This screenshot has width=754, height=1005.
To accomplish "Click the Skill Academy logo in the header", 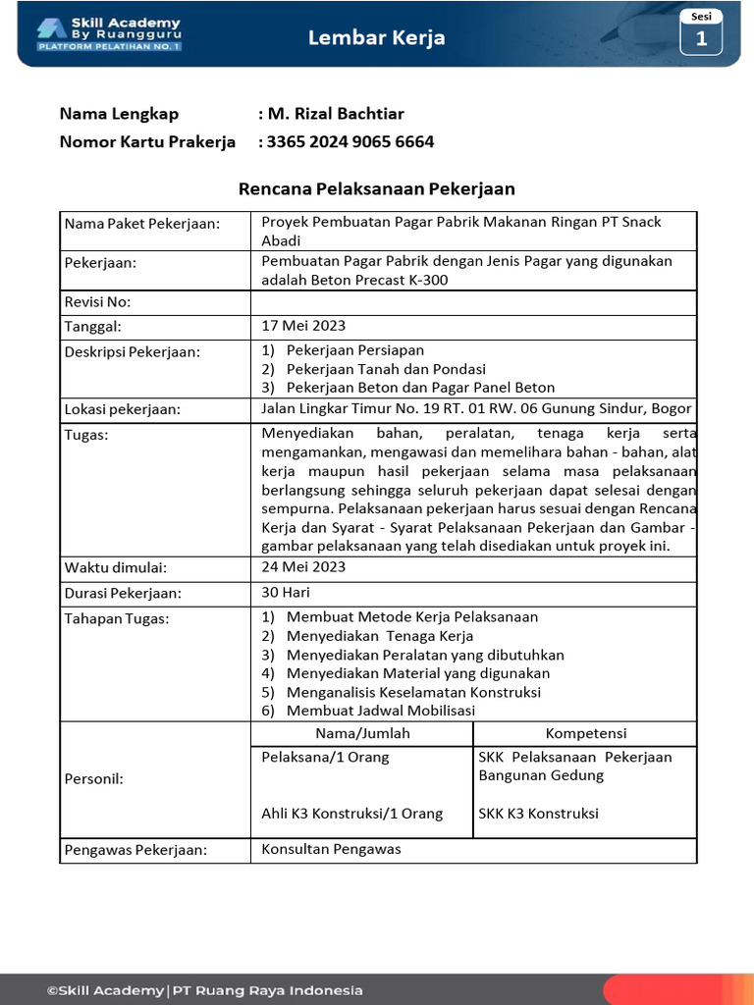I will tap(109, 33).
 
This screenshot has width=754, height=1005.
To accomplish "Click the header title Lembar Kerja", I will tap(376, 37).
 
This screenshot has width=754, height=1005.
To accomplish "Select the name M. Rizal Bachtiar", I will tap(330, 113).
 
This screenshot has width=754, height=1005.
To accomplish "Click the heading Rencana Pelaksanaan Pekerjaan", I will tap(377, 188).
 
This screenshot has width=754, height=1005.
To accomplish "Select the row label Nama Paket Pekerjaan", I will tap(142, 224).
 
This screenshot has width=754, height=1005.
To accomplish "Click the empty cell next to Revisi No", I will tap(473, 302).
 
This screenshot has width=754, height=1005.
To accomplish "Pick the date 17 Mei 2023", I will tap(303, 326).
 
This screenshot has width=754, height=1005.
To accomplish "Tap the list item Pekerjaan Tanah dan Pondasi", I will tap(386, 369).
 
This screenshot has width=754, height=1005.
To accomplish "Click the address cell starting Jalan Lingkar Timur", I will tap(476, 409).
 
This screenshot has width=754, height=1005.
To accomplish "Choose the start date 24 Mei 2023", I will tap(303, 567).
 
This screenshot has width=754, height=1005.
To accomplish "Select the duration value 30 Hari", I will tap(286, 593).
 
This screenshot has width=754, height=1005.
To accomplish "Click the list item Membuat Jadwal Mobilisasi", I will tap(380, 711).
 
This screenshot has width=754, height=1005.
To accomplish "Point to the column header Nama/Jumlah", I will tap(362, 733).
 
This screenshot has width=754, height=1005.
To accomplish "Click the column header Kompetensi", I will tap(585, 733).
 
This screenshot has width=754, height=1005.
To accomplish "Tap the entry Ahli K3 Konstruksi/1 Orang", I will tap(351, 814).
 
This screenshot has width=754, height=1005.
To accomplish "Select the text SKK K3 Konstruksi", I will tap(538, 814).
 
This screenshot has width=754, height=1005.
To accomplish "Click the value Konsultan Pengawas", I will tap(331, 849).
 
